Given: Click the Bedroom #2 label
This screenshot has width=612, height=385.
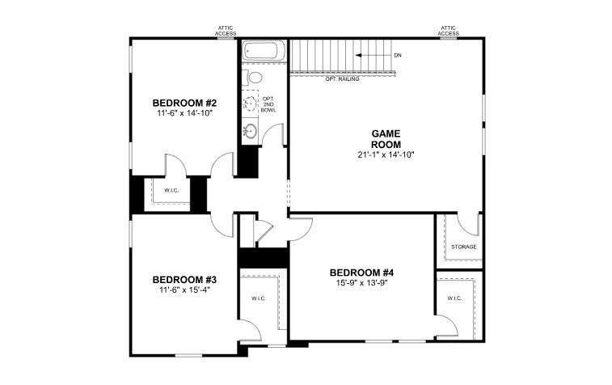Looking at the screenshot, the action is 184,103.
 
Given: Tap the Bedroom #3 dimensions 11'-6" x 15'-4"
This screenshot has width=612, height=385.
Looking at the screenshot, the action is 184,290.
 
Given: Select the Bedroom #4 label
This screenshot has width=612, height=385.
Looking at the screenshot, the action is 361,272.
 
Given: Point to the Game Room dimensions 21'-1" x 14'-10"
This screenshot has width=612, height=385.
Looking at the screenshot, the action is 386,154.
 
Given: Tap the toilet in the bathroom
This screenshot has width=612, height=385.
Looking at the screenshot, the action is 253,78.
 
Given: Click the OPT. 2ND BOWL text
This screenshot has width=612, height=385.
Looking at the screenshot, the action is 268,104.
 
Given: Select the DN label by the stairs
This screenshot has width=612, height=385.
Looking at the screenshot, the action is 398,56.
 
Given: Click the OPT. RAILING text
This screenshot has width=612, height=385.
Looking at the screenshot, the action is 342,79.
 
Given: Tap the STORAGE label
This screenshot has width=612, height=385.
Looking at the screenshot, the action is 464,247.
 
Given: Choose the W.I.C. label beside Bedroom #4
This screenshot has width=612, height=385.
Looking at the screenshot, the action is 454,298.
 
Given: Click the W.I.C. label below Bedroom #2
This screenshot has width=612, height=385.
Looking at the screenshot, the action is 171,191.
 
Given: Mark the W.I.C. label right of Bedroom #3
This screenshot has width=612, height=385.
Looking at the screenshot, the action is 259,298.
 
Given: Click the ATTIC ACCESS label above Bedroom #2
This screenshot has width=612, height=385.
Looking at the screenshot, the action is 226,31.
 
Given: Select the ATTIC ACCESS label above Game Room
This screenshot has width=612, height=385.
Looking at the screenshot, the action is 448,31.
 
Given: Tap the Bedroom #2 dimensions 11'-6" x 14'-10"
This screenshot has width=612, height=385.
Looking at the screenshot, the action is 184,113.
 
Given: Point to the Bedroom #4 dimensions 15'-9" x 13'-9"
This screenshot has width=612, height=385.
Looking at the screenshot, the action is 361,283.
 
